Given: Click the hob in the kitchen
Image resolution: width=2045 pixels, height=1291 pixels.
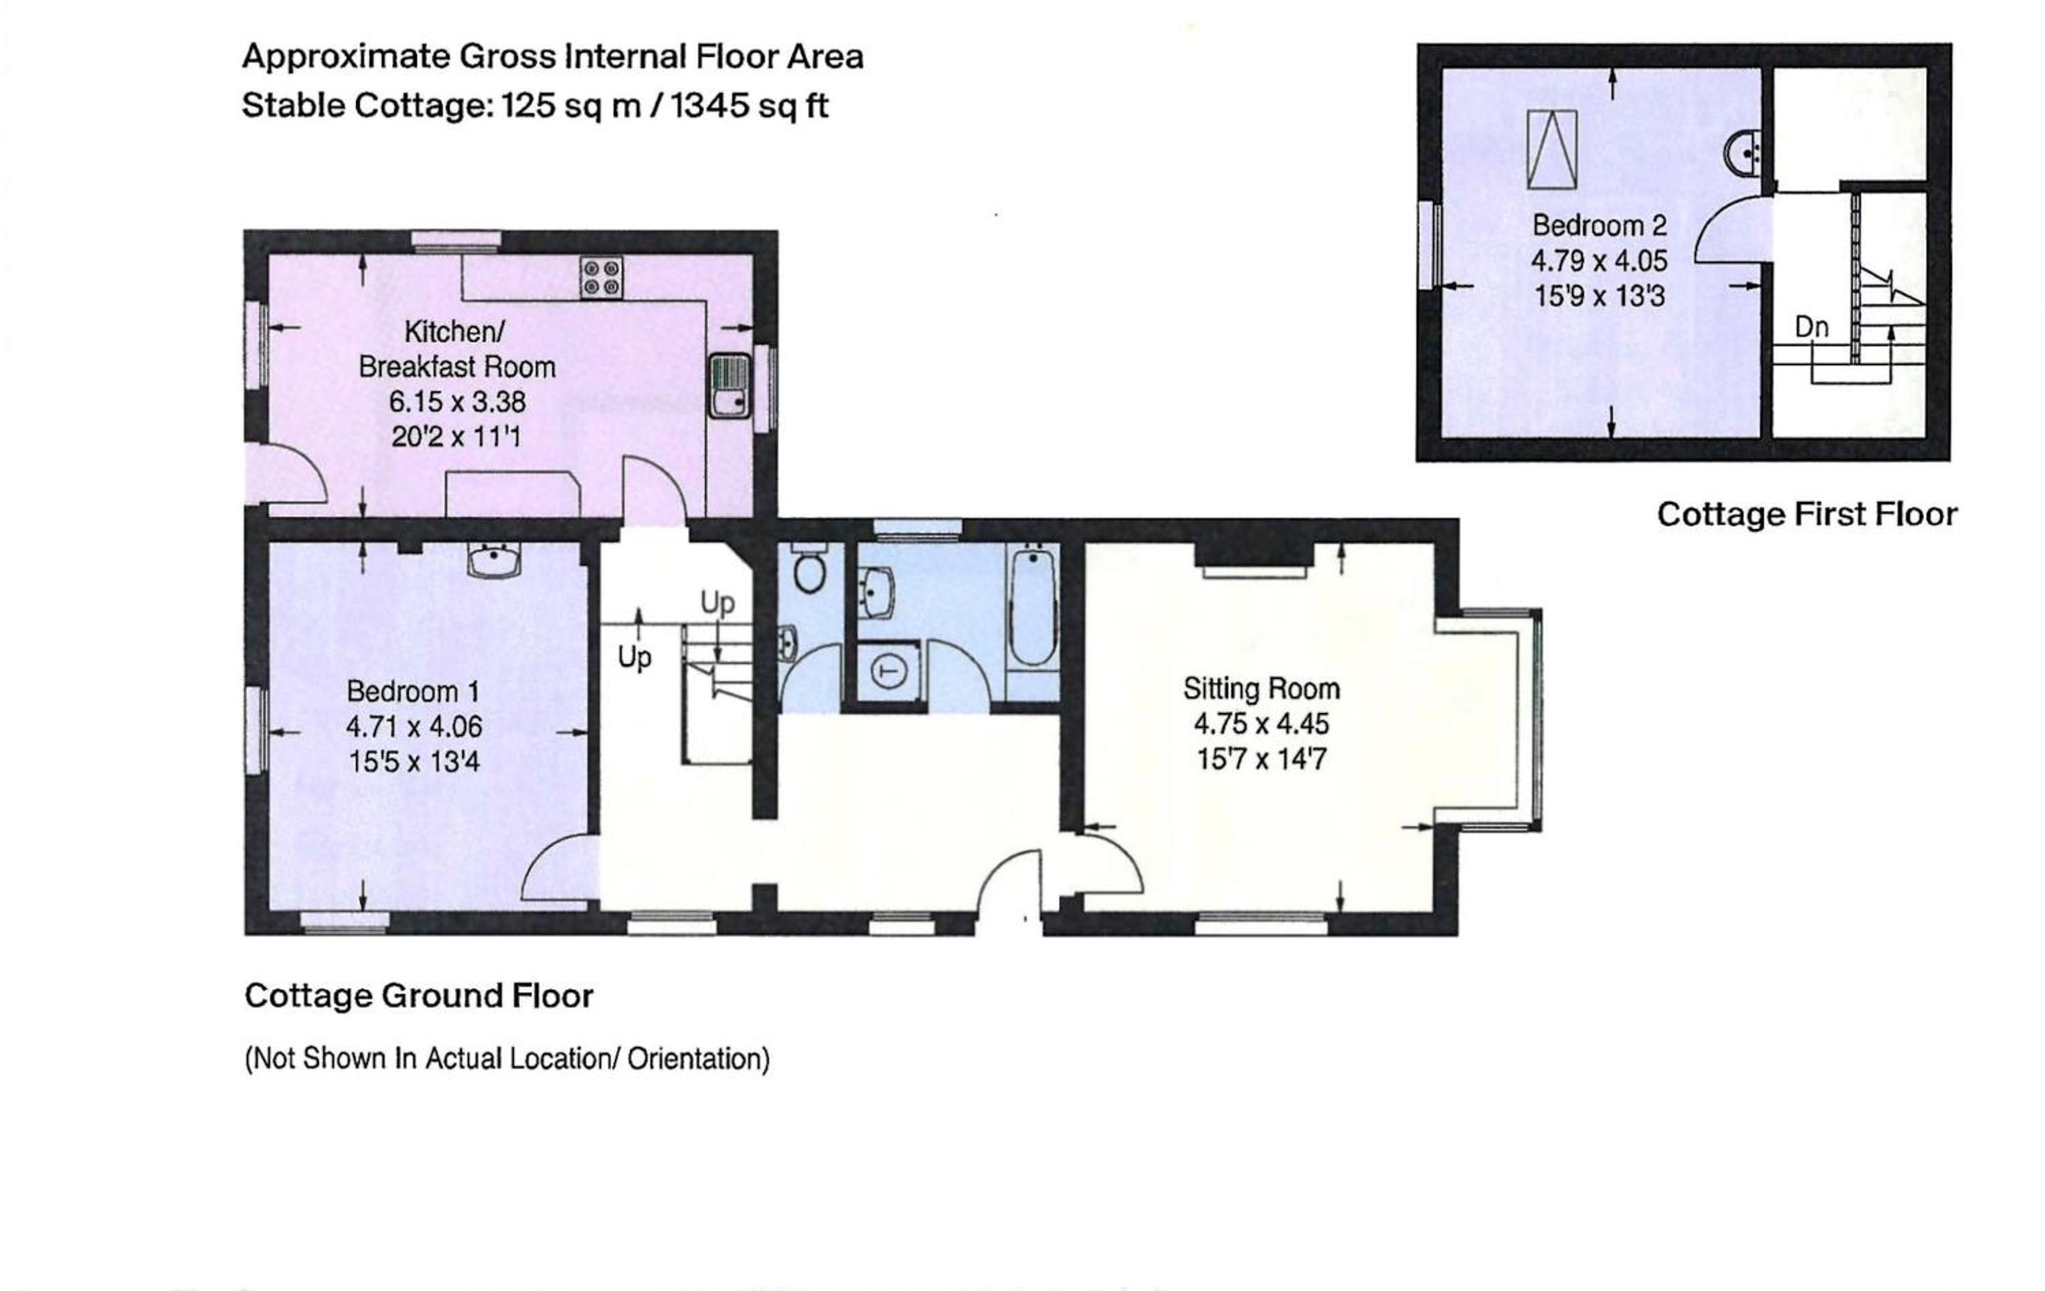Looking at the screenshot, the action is pyautogui.click(x=601, y=277).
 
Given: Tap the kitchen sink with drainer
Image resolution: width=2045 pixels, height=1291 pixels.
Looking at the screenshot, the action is pyautogui.click(x=730, y=386).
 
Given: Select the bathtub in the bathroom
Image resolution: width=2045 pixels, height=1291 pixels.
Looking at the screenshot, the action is pyautogui.click(x=1032, y=605).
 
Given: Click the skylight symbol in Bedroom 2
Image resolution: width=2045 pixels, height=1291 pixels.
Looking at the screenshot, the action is pyautogui.click(x=1551, y=149).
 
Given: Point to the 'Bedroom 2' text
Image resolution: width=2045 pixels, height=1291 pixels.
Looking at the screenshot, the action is pyautogui.click(x=1599, y=226).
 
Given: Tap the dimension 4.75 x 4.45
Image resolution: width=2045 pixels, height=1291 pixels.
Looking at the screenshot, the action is pyautogui.click(x=1261, y=724).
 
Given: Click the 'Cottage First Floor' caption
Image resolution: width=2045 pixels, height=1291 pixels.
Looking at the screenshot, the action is pyautogui.click(x=1807, y=515).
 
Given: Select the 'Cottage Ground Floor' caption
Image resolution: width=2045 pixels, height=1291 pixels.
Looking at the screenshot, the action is pyautogui.click(x=419, y=995).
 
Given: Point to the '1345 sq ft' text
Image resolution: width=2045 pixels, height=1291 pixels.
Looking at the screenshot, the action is pyautogui.click(x=749, y=107).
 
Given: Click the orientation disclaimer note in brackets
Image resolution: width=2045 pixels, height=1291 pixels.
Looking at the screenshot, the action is pyautogui.click(x=507, y=1059).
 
